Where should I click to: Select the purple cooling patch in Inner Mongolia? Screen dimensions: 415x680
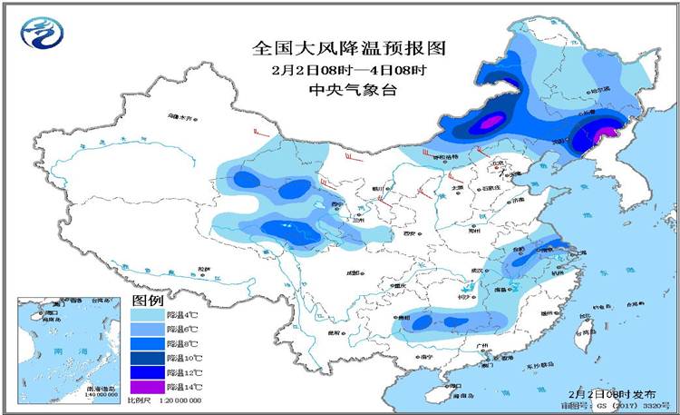coord(491,123)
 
